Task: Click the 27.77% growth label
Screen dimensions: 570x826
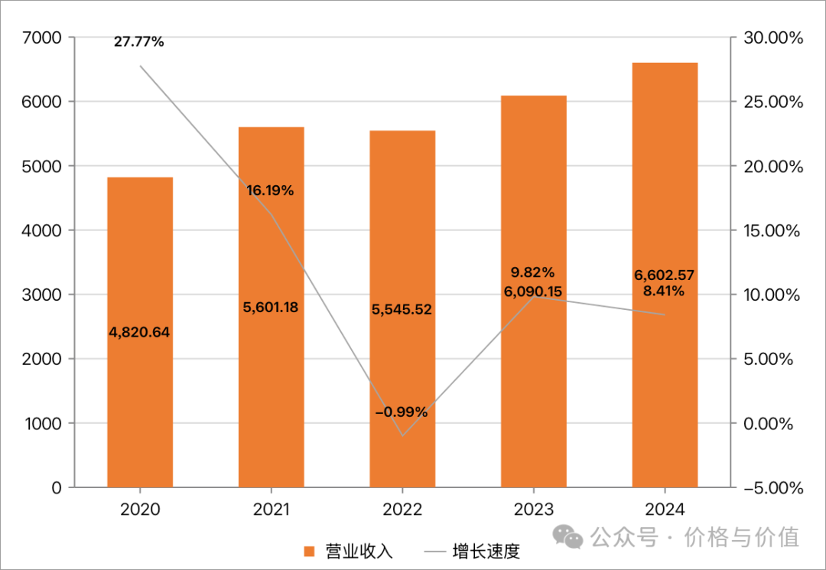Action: [x=139, y=42]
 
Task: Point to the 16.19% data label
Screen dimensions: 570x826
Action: [x=270, y=191]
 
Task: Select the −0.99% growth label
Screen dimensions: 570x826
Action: [x=401, y=412]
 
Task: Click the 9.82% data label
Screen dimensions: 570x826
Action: [x=533, y=272]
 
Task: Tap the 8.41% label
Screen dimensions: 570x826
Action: [x=664, y=291]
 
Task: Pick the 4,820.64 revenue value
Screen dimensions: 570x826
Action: [x=139, y=332]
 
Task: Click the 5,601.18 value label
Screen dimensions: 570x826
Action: [x=270, y=308]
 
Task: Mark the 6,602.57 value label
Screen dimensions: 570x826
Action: [x=664, y=275]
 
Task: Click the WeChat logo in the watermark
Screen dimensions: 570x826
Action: [x=569, y=536]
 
